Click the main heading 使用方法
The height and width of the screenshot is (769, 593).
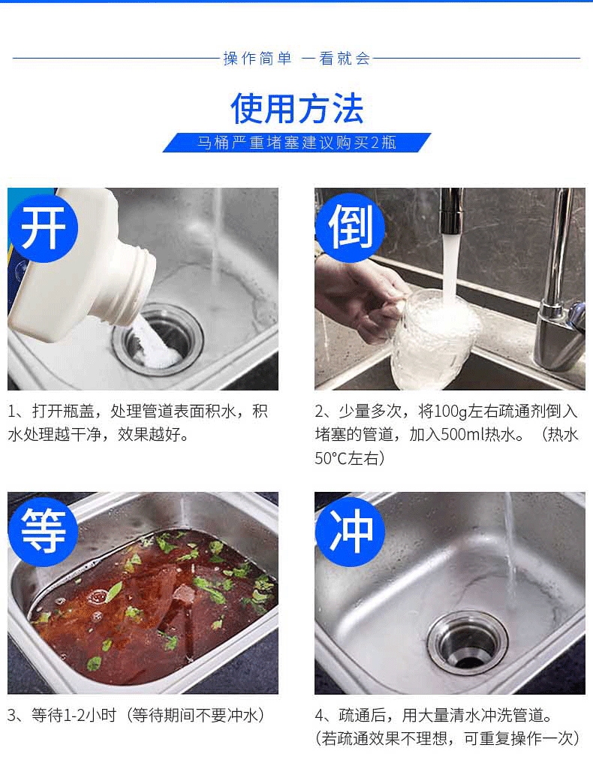click(x=297, y=108)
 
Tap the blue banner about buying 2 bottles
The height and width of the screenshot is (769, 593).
click(x=297, y=143)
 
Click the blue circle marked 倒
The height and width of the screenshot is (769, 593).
click(x=350, y=227)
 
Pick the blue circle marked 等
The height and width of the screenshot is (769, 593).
click(x=43, y=532)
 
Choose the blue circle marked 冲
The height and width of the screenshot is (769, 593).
click(x=350, y=532)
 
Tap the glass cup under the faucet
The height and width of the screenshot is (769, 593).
click(x=435, y=339)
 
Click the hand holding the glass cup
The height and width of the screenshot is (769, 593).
click(x=360, y=298)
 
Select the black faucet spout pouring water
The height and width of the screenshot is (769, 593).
click(x=451, y=211)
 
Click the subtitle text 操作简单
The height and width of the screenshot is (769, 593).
click(x=257, y=59)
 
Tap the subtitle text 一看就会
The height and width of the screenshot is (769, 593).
click(x=336, y=59)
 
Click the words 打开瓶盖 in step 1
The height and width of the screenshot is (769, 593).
click(x=63, y=411)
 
